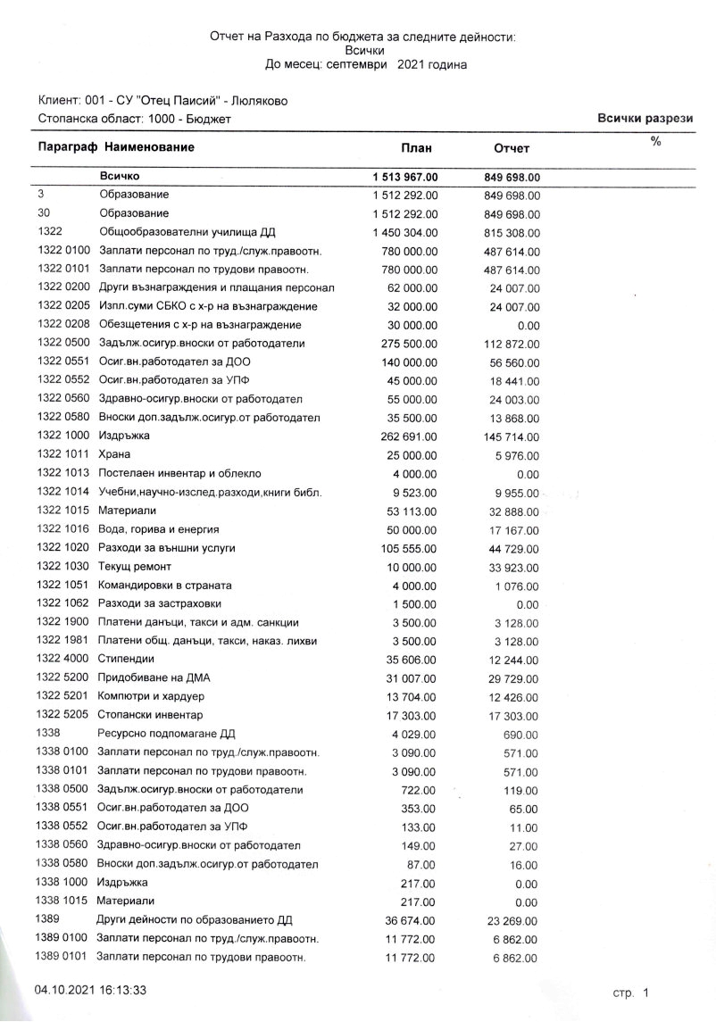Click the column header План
417,147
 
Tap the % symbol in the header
655,141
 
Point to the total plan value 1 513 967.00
404,177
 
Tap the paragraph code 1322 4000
62,660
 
